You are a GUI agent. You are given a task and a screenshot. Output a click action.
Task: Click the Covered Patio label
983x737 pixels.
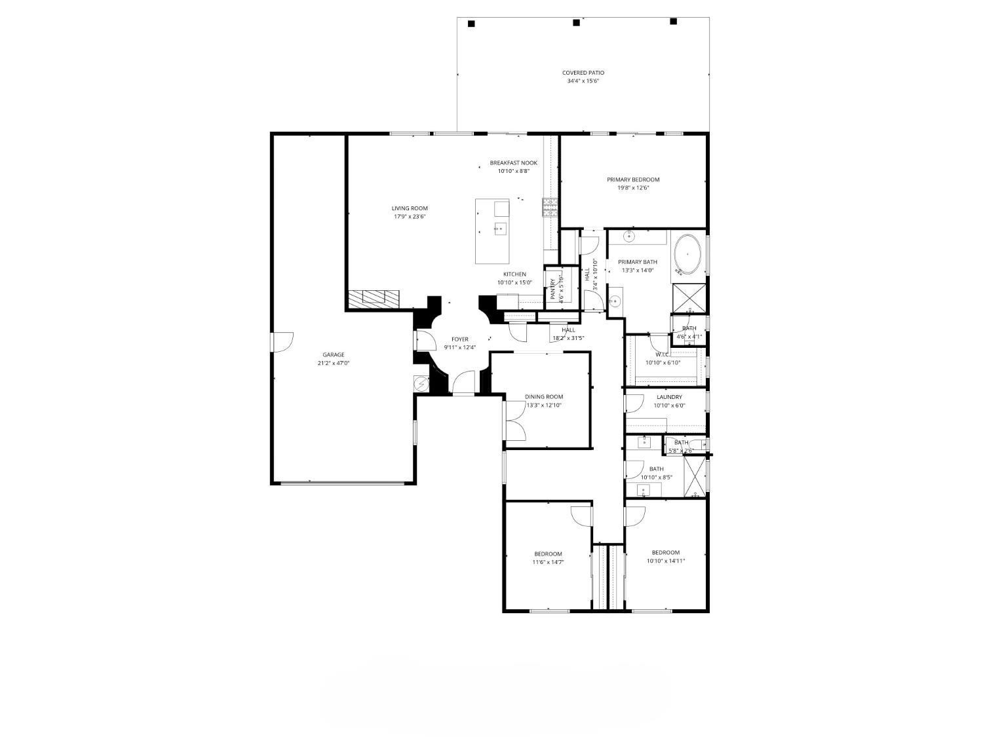click(x=583, y=73)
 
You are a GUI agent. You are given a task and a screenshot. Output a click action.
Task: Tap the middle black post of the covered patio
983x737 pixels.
click(x=576, y=23)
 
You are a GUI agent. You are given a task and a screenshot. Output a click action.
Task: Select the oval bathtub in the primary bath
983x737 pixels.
click(x=687, y=254)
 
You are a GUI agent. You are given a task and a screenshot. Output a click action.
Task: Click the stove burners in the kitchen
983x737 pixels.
click(x=549, y=207)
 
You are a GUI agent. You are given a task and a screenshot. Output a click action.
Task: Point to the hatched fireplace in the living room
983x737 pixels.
click(x=373, y=298)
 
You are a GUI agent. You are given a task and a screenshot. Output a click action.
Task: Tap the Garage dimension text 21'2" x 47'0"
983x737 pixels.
click(x=333, y=363)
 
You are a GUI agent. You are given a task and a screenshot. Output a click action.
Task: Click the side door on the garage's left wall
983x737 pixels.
click(x=282, y=342)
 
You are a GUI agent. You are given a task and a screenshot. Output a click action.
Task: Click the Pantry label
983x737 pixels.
click(x=553, y=289)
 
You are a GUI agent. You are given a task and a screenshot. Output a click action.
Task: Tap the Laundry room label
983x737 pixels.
click(x=669, y=397)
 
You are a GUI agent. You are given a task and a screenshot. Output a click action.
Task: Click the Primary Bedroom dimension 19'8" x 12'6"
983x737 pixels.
click(x=632, y=188)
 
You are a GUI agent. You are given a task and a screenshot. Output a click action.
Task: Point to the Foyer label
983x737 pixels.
click(x=459, y=339)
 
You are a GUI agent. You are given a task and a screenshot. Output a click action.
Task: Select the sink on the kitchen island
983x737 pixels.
click(x=500, y=229)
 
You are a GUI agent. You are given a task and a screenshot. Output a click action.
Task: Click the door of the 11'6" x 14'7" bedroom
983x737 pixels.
click(x=581, y=516)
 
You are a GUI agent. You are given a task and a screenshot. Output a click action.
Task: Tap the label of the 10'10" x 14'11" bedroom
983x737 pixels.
click(x=665, y=552)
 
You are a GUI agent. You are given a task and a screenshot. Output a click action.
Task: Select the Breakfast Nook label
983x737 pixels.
click(x=513, y=163)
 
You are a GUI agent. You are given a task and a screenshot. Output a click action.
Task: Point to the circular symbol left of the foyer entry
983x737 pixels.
click(x=420, y=383)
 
